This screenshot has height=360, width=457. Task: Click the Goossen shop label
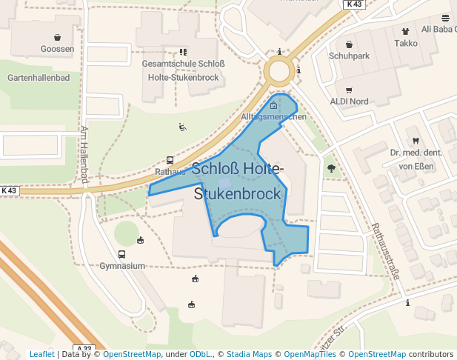tap(58, 49)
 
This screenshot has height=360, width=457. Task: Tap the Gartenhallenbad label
tap(38, 77)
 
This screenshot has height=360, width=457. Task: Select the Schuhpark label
tap(349, 56)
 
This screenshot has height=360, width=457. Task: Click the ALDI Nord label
tap(349, 101)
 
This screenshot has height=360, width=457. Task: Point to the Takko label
tap(405, 43)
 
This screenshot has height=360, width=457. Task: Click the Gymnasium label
tap(122, 265)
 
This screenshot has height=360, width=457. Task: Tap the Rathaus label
tap(170, 171)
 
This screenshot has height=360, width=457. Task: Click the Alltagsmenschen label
tap(273, 117)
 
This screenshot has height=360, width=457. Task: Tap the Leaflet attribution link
tap(41, 354)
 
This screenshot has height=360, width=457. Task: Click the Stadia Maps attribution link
tap(249, 354)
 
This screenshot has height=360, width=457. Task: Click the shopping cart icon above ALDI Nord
tap(349, 90)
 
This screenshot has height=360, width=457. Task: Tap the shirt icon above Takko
tap(405, 31)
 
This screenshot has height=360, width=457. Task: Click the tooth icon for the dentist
tap(415, 141)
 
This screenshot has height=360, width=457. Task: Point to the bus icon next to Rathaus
tap(170, 160)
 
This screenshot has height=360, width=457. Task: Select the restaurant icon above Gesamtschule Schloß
tap(183, 53)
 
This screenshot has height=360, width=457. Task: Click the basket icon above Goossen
tap(58, 37)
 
